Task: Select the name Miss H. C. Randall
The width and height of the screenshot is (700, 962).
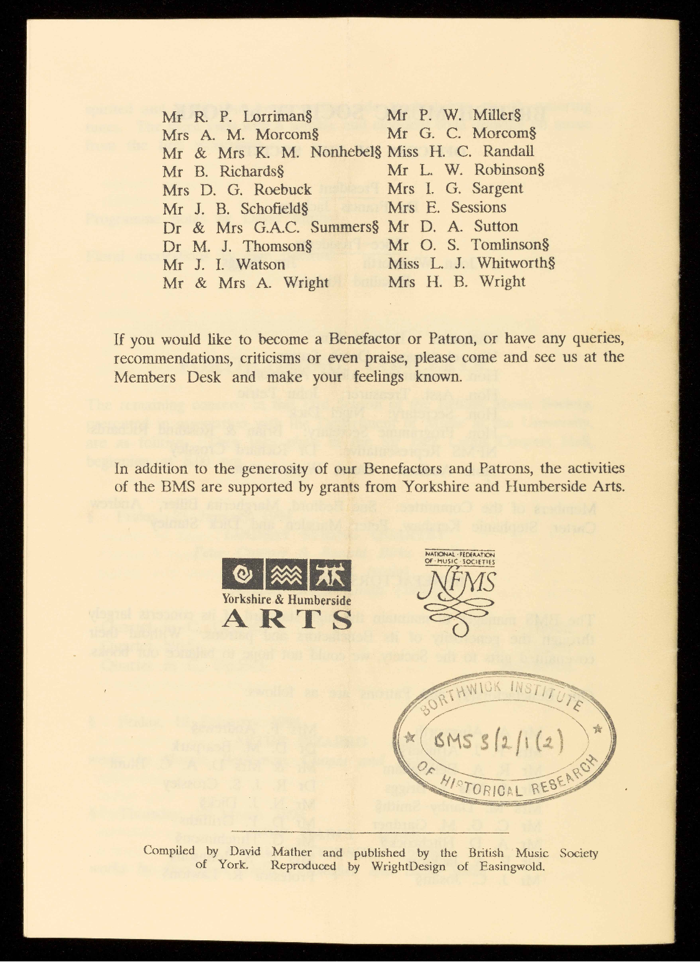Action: tap(460, 151)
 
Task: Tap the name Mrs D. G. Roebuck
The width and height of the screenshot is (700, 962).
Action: tap(236, 189)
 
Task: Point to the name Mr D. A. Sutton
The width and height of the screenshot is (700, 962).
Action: tap(452, 226)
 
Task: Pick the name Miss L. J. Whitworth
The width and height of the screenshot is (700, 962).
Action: tap(471, 264)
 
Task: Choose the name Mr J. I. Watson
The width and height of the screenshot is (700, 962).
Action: tap(223, 264)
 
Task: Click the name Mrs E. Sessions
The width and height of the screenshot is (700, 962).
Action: tap(447, 208)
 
